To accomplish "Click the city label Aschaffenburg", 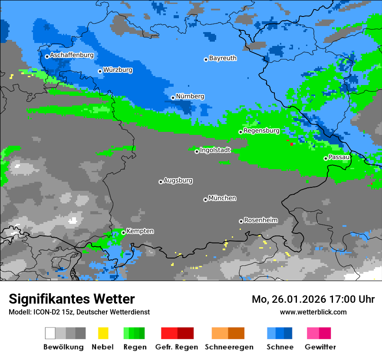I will [72, 56].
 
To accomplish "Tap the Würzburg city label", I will [118, 70].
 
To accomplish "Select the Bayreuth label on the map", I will [223, 58].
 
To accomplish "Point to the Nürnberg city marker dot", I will [173, 98].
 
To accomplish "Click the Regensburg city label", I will [261, 131].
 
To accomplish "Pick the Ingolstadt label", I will [215, 150].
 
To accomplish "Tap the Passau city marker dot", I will [326, 158].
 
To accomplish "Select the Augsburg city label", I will [178, 180].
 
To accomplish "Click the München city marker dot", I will [205, 200].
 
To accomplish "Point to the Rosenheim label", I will [260, 220].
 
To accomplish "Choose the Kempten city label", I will [140, 231].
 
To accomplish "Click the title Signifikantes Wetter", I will [72, 299].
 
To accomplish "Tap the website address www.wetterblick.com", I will [313, 312].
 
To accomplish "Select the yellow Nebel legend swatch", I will [103, 333].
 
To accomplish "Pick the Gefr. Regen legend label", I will [177, 347].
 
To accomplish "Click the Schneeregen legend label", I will [229, 347].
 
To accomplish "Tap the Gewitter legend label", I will [320, 347].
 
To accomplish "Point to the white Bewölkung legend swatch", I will [50, 333].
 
